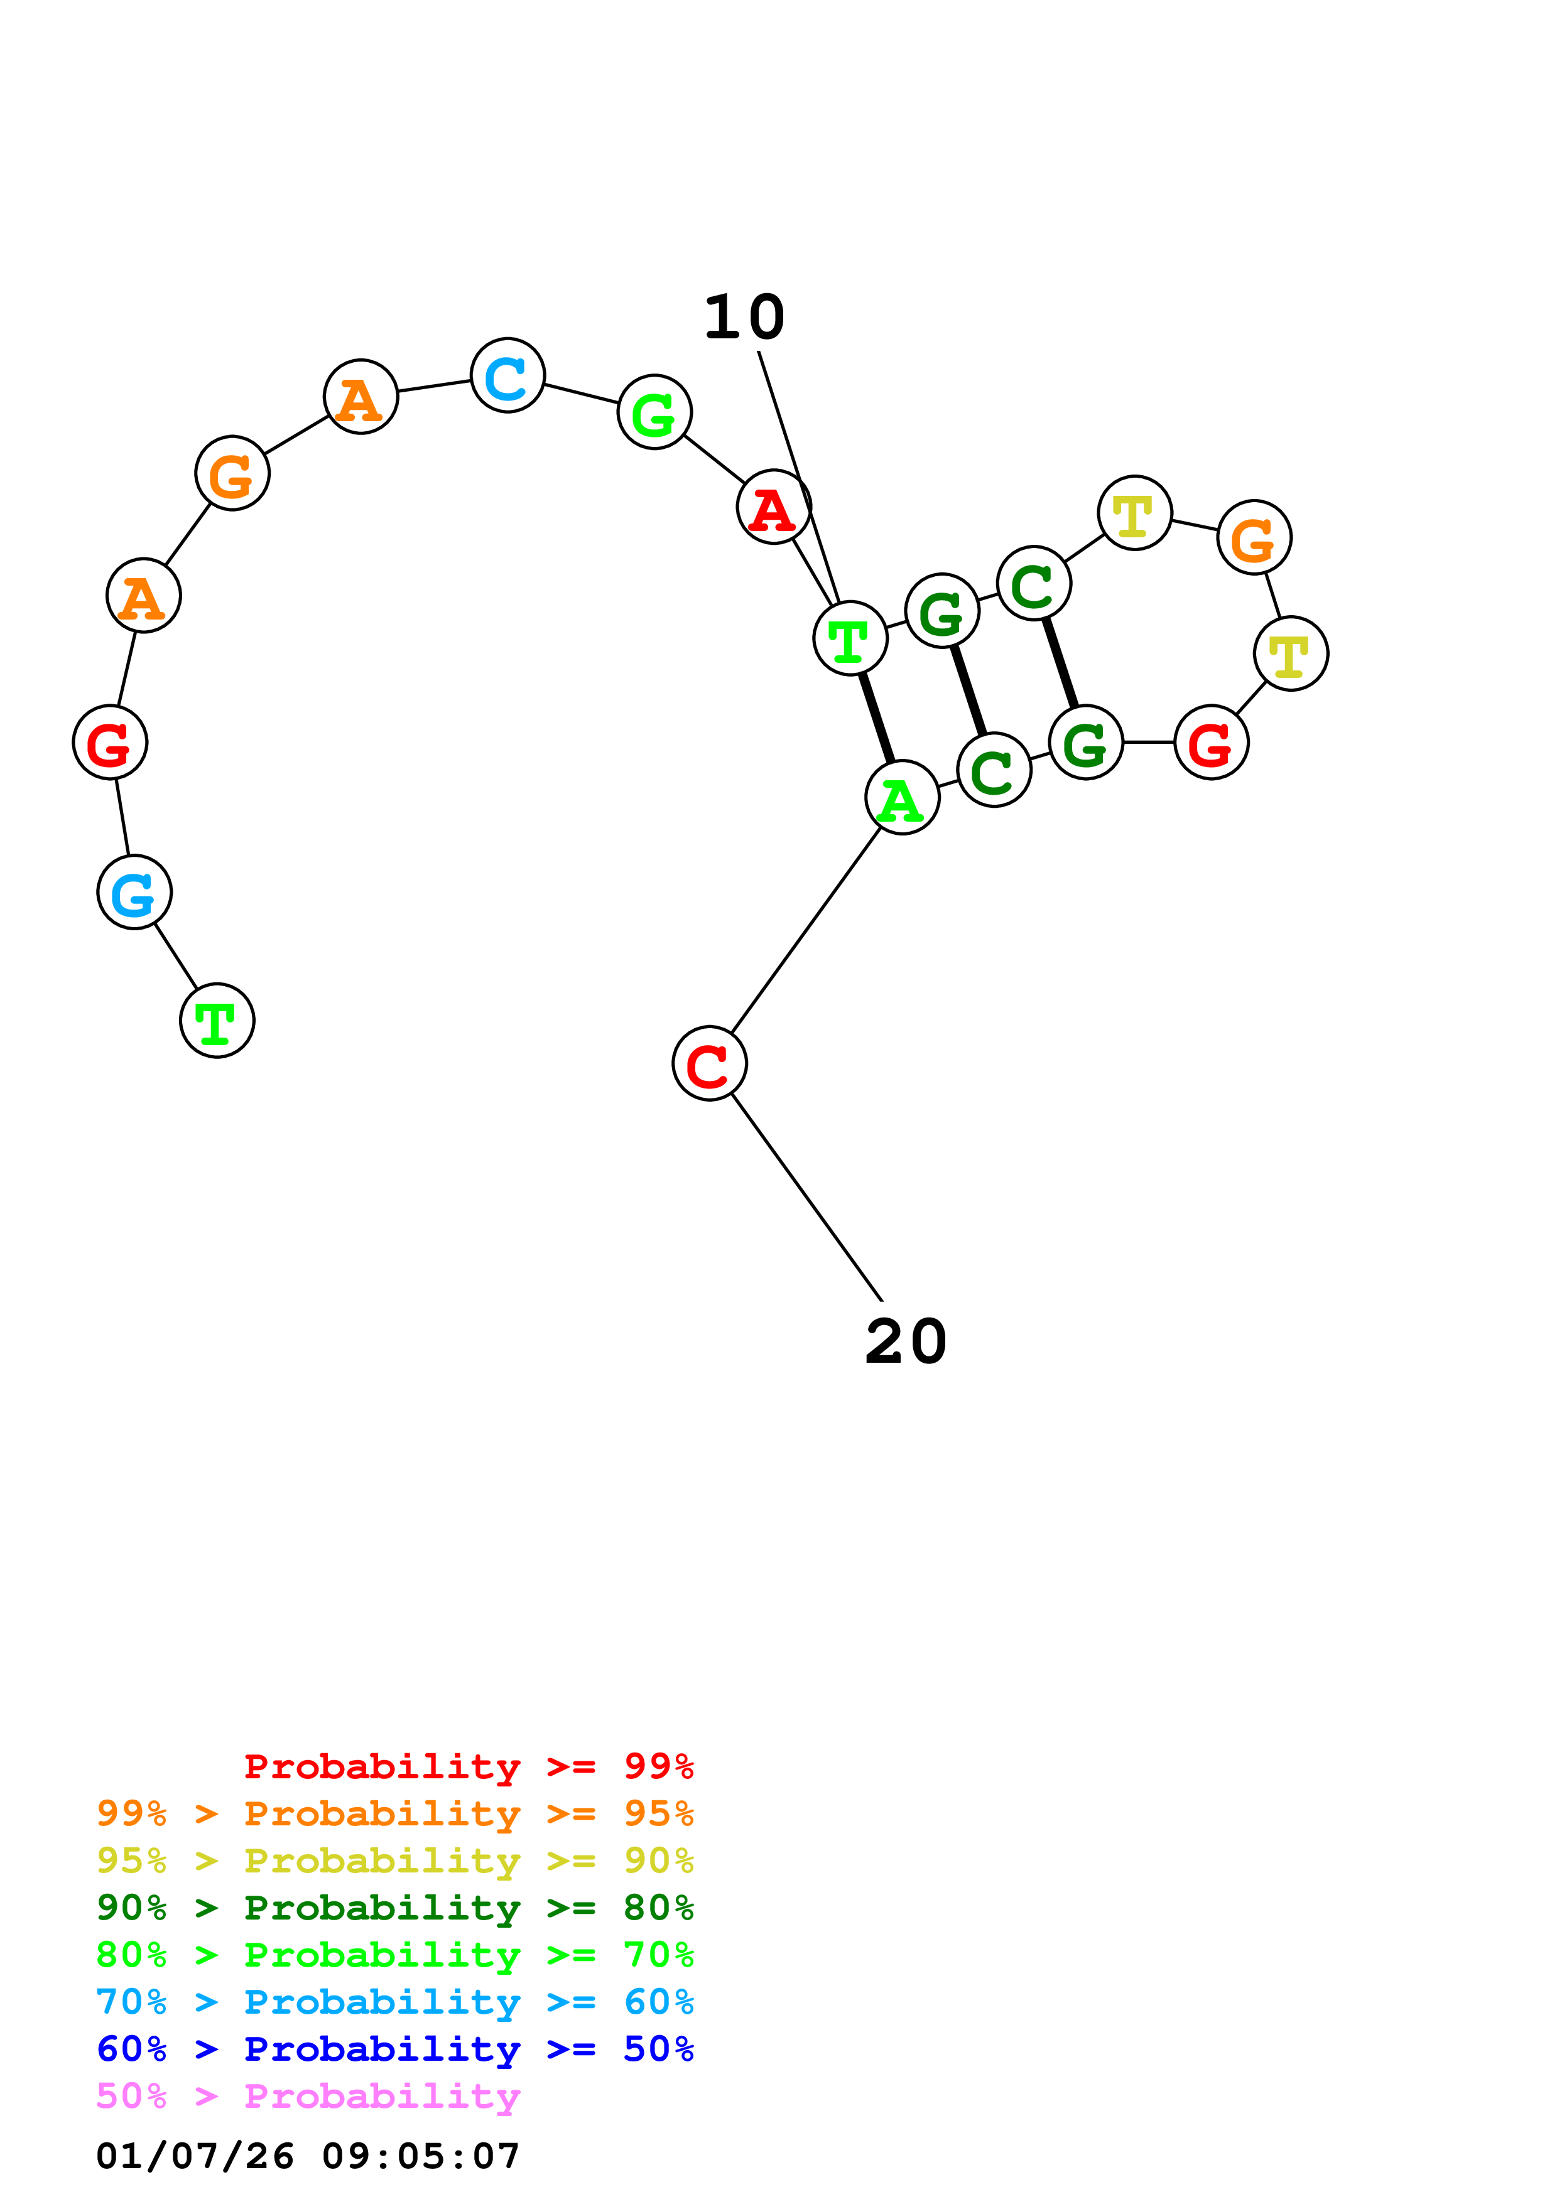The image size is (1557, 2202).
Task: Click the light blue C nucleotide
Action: (x=507, y=375)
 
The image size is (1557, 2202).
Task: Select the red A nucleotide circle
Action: (x=774, y=507)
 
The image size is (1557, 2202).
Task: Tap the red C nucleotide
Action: (x=710, y=1063)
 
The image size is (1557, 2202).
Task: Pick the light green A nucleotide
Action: (x=902, y=798)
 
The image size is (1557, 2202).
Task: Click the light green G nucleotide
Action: (x=655, y=412)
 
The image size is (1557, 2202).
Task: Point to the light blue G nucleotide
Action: (x=134, y=892)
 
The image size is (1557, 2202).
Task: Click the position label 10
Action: (x=744, y=318)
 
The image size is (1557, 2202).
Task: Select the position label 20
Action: (x=906, y=1341)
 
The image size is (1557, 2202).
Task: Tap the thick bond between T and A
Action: (x=877, y=718)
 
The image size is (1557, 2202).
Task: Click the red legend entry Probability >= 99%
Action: (x=469, y=1766)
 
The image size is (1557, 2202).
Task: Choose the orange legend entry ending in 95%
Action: (x=395, y=1813)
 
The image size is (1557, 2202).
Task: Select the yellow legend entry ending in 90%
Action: (x=395, y=1861)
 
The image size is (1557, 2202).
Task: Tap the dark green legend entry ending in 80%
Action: (x=395, y=1908)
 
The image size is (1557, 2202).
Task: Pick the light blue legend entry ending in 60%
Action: (x=395, y=2002)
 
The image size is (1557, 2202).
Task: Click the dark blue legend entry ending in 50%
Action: (x=395, y=2049)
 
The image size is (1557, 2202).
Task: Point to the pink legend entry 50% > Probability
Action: (x=308, y=2097)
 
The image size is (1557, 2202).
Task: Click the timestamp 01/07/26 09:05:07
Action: (x=308, y=2156)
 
